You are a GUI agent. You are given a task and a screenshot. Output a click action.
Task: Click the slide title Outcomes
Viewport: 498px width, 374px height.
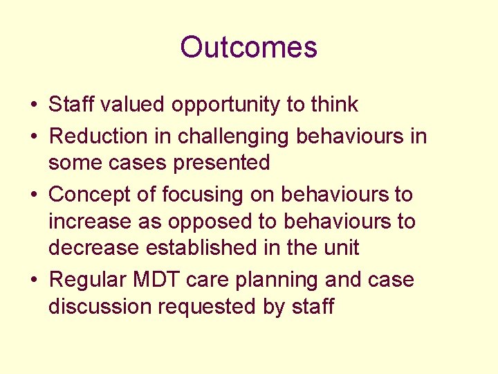point(248,47)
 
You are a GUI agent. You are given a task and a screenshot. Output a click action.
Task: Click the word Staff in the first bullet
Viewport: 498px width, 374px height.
point(73,105)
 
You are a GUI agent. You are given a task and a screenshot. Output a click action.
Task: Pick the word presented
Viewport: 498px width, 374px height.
point(229,163)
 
